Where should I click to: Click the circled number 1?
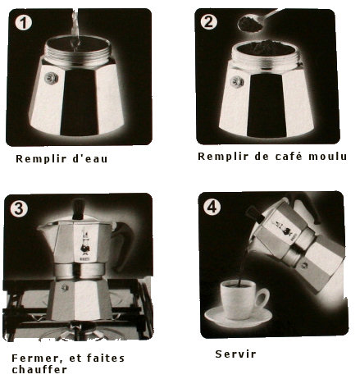pos(24,23)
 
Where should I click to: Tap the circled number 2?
pos(209,21)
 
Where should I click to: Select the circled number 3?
pos(19,209)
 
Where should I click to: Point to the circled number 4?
pos(212,207)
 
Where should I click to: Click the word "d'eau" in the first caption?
pos(90,158)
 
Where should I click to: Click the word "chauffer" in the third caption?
pos(39,369)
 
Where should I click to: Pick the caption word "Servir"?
pos(235,354)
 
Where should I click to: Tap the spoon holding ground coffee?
pos(257,21)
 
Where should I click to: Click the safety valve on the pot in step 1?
pos(52,78)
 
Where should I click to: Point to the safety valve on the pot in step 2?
pos(237,82)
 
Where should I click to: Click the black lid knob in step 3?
pos(79,209)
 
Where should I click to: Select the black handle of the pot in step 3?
pos(123,246)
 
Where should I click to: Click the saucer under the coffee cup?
pos(238,317)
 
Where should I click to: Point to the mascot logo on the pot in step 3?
pos(84,242)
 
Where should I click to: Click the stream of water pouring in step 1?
pos(75,27)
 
